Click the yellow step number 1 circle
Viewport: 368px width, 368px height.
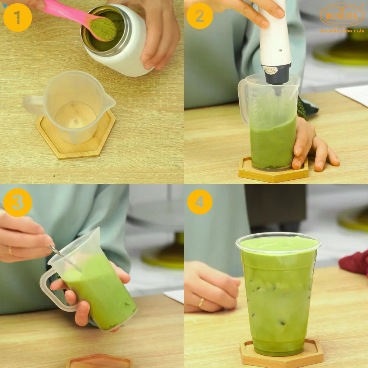coord(17,18)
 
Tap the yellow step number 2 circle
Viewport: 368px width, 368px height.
coord(199,16)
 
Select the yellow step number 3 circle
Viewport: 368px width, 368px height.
coord(17,202)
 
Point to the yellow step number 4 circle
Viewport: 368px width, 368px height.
coord(199,202)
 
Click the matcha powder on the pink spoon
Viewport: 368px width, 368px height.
coord(103,29)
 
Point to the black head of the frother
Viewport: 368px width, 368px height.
coord(276,74)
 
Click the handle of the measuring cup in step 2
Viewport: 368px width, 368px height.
coord(243,101)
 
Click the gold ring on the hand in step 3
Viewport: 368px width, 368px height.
coord(10,250)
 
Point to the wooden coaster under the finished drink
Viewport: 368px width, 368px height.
coord(281,356)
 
